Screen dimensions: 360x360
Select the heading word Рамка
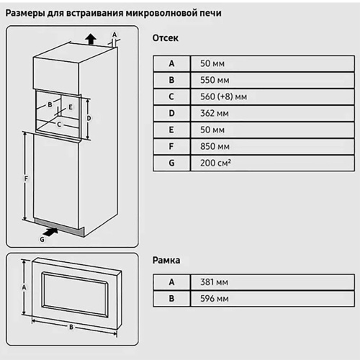[167, 260]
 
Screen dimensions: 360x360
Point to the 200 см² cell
[215, 163]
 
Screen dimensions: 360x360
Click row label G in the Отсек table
[171, 163]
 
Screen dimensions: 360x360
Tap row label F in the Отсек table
[171, 146]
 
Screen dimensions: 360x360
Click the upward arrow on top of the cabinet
[89, 37]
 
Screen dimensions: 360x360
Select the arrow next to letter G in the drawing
[50, 231]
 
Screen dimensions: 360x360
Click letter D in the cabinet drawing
[88, 117]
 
